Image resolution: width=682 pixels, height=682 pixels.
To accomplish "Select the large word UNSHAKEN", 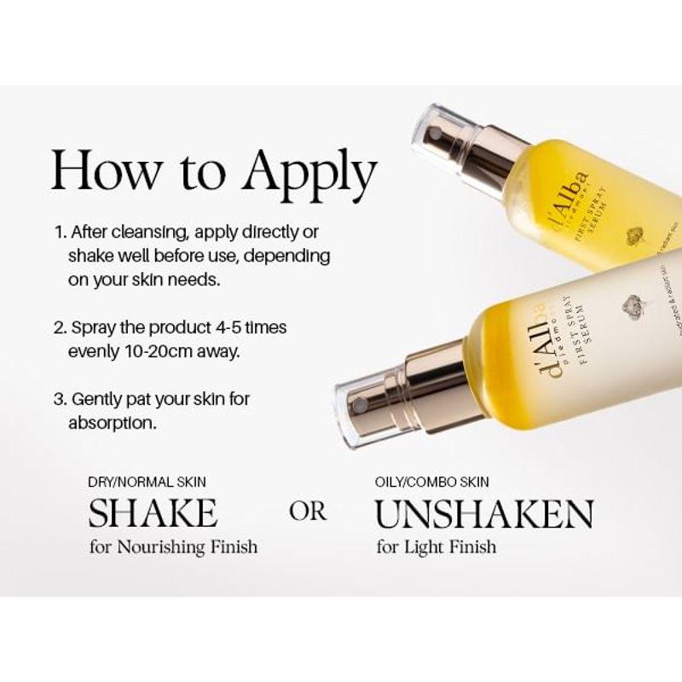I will click(484, 513).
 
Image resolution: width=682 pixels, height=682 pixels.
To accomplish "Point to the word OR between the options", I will click(308, 512).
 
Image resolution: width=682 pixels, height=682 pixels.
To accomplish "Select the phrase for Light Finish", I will click(436, 545).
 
